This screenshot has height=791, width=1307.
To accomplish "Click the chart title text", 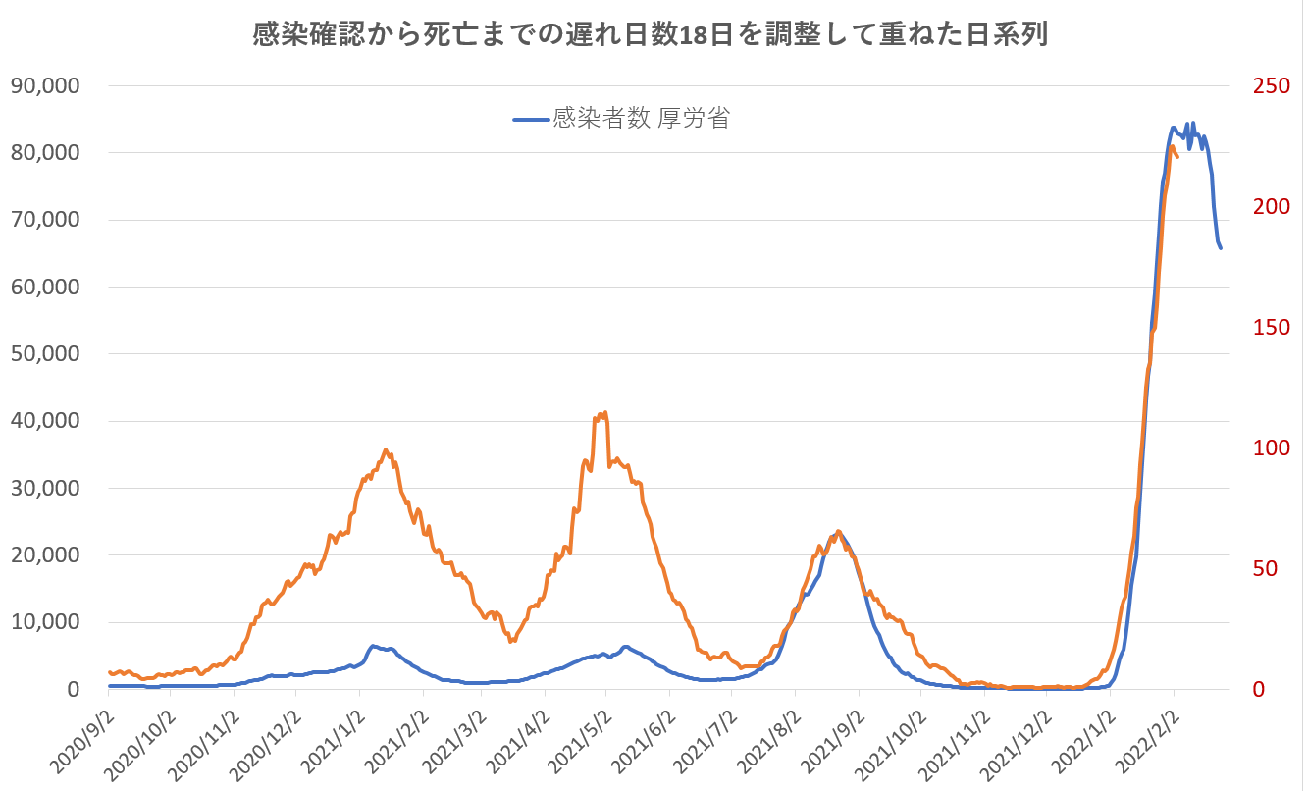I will point(651,34).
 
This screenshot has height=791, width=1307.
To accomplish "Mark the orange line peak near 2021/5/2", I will point(605,412).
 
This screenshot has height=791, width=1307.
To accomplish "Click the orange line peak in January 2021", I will point(386,449).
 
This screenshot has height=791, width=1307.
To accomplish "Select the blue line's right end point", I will point(1221,248).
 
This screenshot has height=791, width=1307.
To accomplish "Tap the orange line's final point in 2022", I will point(1176,156).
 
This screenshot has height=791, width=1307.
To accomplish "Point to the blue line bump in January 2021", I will point(374,646).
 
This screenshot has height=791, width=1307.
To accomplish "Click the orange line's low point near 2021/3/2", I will point(511,641).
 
